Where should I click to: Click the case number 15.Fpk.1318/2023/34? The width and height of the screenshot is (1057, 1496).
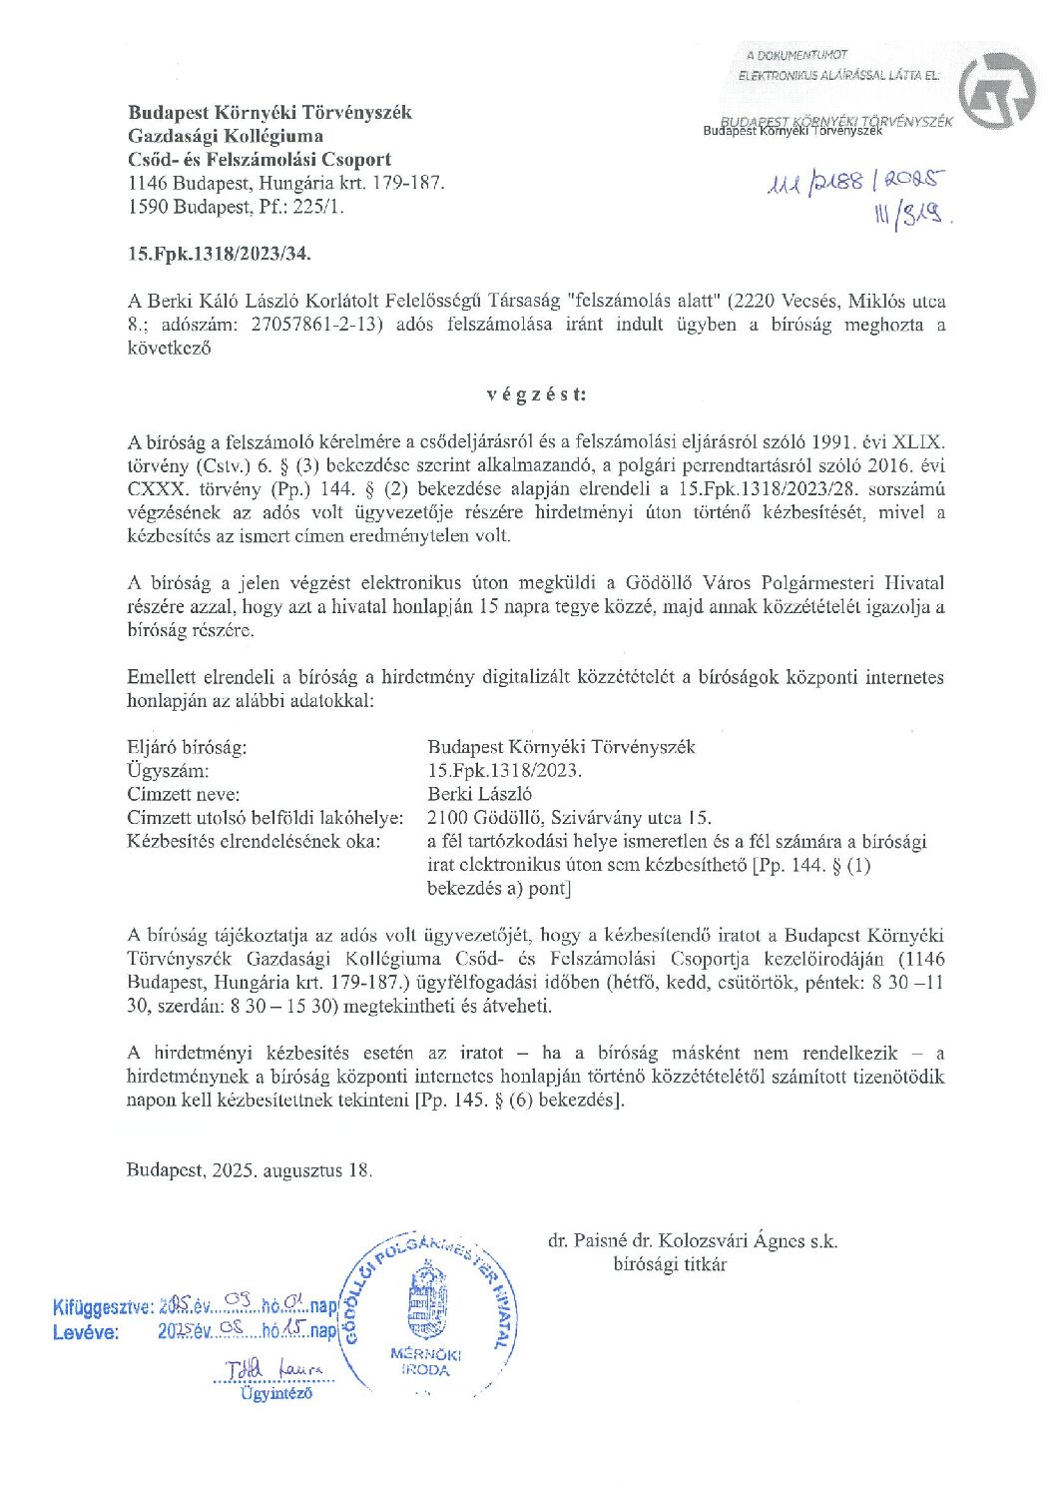[220, 254]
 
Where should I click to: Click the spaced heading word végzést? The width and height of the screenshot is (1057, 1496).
[536, 393]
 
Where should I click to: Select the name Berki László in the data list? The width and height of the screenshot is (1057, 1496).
[479, 794]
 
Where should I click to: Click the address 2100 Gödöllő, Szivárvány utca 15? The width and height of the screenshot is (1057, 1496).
[569, 818]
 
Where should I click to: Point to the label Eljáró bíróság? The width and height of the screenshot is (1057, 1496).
[187, 747]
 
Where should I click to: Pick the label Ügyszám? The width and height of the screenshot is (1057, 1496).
[168, 771]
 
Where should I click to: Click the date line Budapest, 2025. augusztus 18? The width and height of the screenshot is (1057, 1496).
[250, 1170]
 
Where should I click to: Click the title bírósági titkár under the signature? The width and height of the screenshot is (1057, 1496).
[670, 1265]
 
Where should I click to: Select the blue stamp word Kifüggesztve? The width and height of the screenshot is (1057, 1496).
[103, 1306]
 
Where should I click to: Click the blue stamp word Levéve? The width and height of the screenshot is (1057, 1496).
[86, 1332]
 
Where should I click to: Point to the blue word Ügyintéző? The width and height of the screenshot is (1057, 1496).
[275, 1393]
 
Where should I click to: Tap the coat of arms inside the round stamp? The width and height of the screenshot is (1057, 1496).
[427, 1303]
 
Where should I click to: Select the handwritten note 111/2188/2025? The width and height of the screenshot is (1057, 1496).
[853, 183]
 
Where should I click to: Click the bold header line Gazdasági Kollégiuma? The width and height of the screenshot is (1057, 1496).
[226, 136]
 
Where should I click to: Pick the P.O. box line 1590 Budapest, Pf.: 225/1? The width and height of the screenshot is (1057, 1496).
[237, 208]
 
